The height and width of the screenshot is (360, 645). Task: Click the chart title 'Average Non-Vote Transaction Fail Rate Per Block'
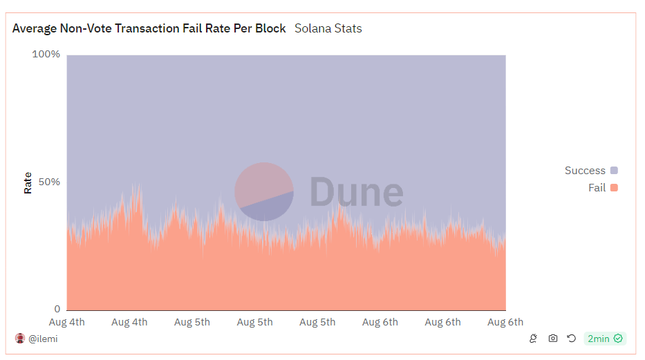click(149, 28)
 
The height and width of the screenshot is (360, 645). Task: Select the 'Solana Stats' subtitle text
click(328, 28)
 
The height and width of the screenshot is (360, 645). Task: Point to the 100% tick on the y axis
click(46, 54)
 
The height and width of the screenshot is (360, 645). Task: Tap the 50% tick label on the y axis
click(49, 182)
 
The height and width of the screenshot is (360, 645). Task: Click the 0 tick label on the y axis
click(57, 309)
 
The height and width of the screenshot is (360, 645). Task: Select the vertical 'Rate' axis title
click(28, 182)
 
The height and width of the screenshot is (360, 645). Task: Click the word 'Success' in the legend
click(585, 171)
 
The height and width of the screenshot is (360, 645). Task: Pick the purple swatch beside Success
click(614, 171)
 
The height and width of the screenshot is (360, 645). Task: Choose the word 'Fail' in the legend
click(597, 188)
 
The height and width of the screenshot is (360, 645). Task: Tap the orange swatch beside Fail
click(614, 188)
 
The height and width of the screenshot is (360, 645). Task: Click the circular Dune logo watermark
click(264, 192)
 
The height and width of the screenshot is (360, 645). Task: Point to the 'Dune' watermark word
click(356, 192)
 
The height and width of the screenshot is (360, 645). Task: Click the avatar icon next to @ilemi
click(20, 339)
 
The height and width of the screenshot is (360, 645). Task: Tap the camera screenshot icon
click(552, 339)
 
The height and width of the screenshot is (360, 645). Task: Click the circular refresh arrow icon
click(571, 339)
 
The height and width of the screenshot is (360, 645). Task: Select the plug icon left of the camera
click(533, 339)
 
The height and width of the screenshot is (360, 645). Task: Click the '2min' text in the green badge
click(599, 339)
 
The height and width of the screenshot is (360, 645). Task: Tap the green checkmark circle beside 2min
click(618, 339)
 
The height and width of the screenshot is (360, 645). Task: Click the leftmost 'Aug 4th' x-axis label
click(67, 322)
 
